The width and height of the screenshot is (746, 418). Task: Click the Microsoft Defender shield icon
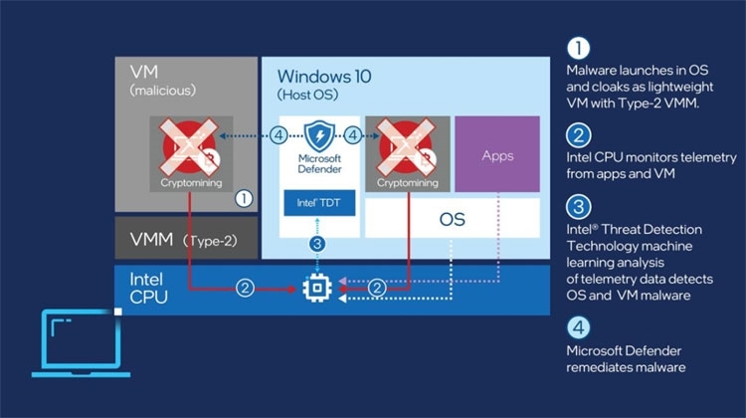(319, 136)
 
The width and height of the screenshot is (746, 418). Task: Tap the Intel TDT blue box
(319, 203)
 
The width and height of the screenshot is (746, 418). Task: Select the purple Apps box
(497, 154)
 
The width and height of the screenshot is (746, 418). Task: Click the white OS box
(452, 218)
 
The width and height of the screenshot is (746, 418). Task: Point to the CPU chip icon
(317, 288)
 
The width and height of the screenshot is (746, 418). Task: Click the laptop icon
(81, 343)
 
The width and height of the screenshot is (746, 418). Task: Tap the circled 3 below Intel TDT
(317, 244)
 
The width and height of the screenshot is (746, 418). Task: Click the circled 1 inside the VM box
(244, 198)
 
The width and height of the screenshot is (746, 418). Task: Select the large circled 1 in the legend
(578, 48)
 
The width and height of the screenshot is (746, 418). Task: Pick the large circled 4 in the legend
(579, 327)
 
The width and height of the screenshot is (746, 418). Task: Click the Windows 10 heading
(324, 77)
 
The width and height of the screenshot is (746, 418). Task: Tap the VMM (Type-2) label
(183, 240)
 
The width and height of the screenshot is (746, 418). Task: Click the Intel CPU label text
(148, 288)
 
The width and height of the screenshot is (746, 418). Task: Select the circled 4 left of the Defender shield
(279, 135)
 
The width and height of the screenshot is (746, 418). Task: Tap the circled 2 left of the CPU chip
(245, 288)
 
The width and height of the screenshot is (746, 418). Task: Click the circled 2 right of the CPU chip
(377, 288)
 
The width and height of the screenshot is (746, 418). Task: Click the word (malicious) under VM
(163, 91)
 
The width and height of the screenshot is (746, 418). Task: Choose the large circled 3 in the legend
(579, 207)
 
